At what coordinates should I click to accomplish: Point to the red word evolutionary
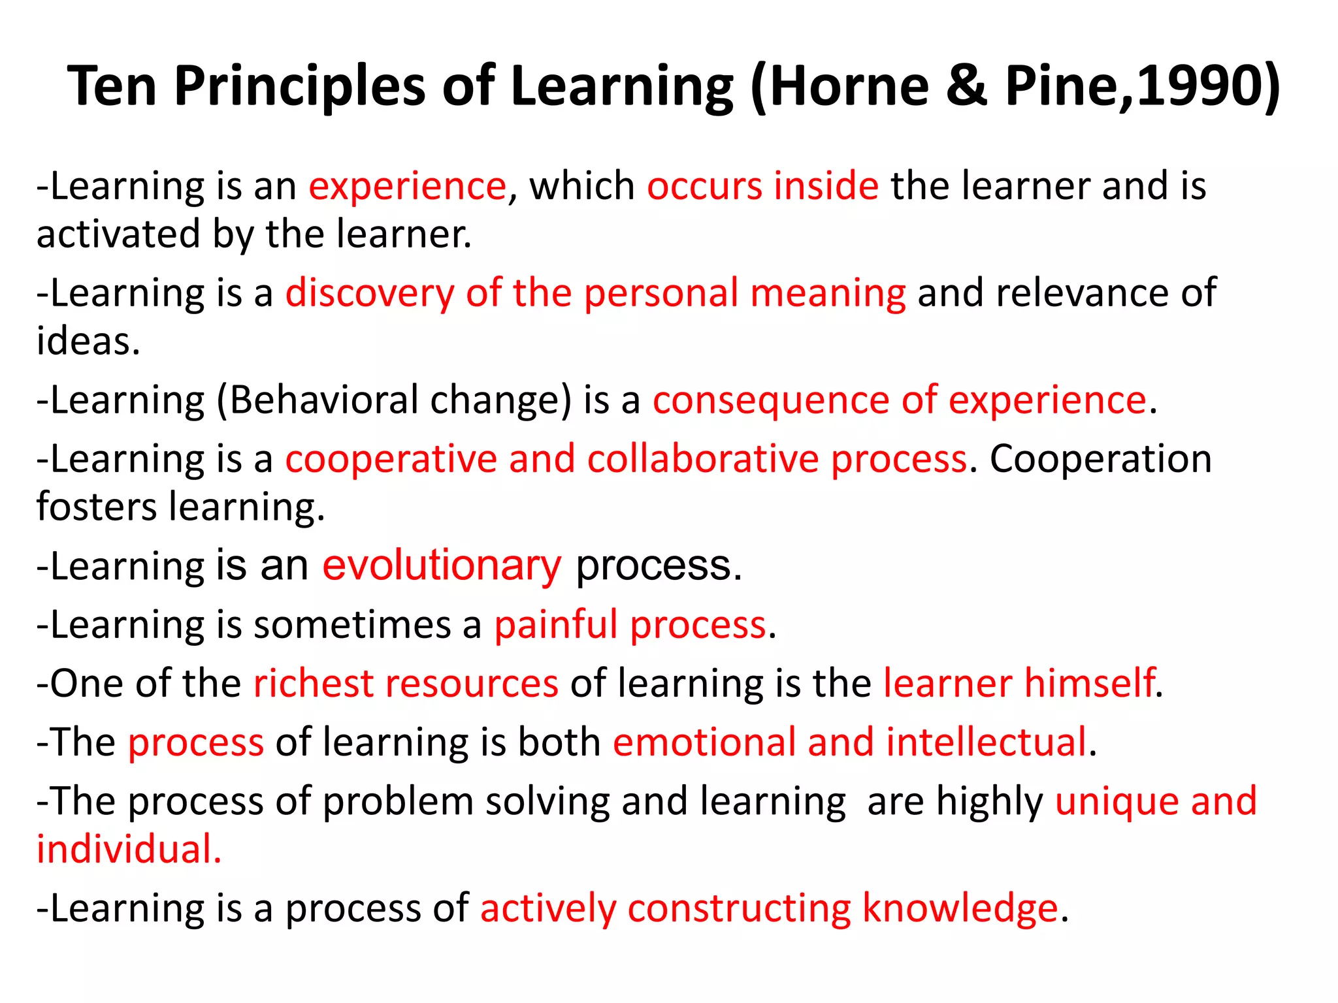442,565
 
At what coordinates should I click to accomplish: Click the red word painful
555,625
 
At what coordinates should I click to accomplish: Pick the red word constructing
739,908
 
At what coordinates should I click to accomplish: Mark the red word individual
128,850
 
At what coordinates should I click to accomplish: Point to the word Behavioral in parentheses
324,400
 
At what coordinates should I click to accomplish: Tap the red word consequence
771,401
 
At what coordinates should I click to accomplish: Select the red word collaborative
703,458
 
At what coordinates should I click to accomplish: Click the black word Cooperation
1101,460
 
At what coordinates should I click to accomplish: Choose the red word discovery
370,293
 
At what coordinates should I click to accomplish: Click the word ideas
88,341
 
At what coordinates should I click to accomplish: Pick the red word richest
313,684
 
